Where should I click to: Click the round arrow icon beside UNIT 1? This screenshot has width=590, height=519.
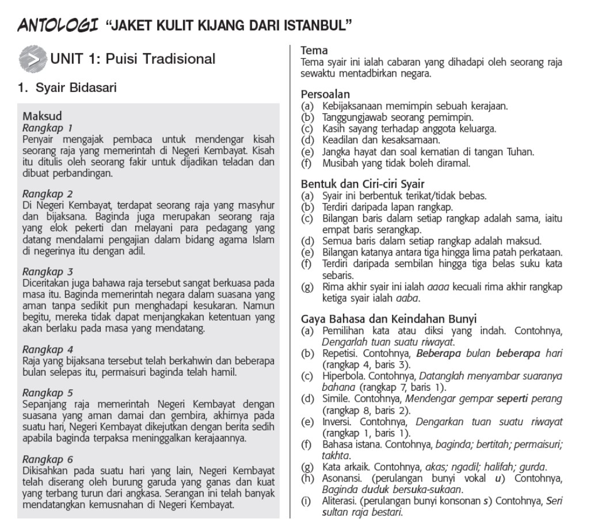[32, 59]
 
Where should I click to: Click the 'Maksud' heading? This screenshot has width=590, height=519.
[42, 116]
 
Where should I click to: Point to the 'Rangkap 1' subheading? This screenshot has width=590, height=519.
[47, 127]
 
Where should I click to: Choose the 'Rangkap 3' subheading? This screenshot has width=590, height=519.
[47, 271]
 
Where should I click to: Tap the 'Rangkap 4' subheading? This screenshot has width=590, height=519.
[47, 349]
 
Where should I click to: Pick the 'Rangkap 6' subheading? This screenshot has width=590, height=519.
[47, 459]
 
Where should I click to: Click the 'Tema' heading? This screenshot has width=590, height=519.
[314, 51]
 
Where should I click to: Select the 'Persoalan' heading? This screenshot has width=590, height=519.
[325, 94]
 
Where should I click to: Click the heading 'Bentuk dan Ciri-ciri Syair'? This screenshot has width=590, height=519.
[363, 184]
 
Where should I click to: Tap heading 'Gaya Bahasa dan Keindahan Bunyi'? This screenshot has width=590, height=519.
[389, 319]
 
